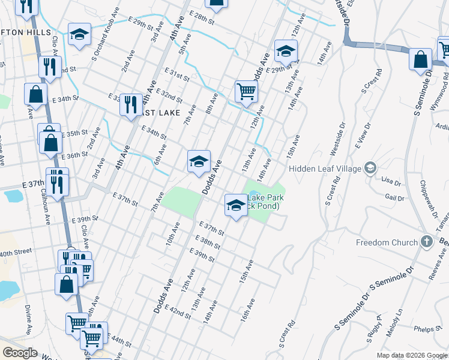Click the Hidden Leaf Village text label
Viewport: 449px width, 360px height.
325,169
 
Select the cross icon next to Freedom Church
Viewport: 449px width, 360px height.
426,242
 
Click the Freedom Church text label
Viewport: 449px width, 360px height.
387,243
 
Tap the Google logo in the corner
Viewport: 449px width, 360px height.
20,353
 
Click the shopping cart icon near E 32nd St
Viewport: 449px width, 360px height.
246,91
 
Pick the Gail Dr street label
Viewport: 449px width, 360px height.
394,198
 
